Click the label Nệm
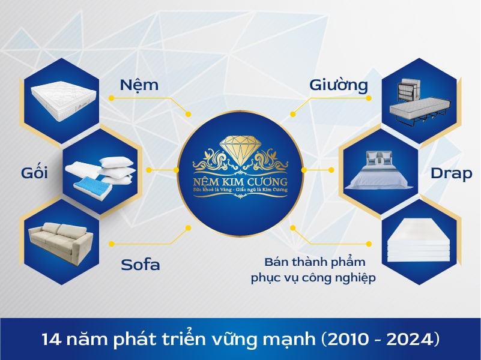pos(139,85)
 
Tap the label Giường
pos(339,85)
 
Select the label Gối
pos(34,172)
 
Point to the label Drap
pos(451,173)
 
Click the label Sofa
pos(141,265)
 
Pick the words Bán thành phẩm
pos(315,263)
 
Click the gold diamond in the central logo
pos(240,150)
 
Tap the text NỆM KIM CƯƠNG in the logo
pos(240,182)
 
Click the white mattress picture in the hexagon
pos(64,100)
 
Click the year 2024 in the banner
pos(407,340)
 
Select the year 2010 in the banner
pos(347,340)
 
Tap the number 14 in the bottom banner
pos(52,340)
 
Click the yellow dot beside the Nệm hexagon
pos(112,98)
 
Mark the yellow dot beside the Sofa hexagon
pos(112,244)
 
